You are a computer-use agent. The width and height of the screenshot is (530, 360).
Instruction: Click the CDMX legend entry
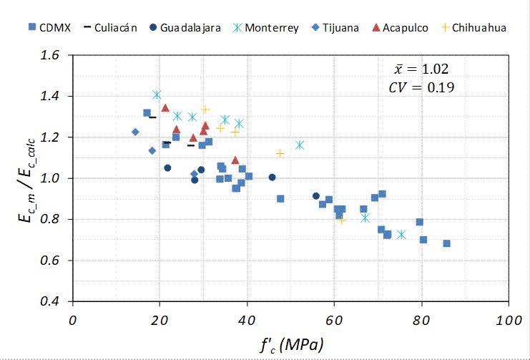coord(47,29)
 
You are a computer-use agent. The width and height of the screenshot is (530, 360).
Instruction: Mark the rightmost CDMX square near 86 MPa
coord(447,243)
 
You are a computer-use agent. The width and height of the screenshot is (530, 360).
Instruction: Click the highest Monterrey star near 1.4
coord(157,94)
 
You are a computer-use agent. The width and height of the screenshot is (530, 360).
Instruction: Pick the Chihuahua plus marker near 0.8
coord(341,220)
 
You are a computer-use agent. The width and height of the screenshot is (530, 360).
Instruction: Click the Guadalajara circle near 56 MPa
coord(316,196)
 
